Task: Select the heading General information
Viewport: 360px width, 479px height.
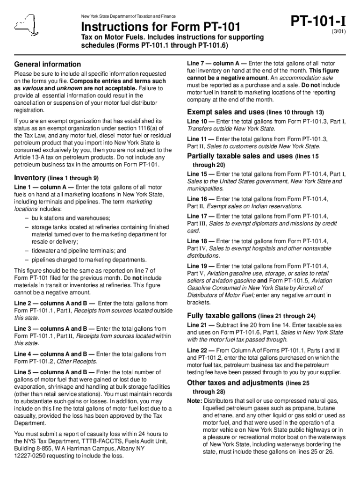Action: (48, 64)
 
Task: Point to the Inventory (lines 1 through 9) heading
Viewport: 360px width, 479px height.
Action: (57, 178)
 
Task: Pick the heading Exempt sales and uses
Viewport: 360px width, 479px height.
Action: (226, 112)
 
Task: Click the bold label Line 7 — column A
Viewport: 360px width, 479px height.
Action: (216, 63)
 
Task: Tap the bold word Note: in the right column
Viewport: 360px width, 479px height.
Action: (194, 401)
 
